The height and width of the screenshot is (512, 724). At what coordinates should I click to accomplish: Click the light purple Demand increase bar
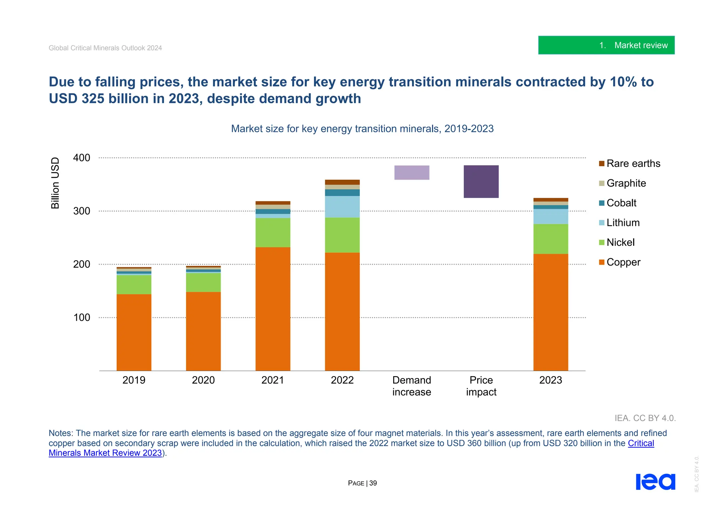point(411,173)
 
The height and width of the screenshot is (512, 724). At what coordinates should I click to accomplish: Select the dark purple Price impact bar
point(481,181)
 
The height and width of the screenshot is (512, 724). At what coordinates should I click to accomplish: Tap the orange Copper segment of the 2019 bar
point(134,332)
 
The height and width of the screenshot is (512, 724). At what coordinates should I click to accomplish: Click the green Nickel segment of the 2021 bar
point(273,232)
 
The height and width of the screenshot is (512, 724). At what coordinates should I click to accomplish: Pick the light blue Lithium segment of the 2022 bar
point(342,206)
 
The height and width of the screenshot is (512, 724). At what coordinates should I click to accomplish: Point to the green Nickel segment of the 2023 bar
point(550,239)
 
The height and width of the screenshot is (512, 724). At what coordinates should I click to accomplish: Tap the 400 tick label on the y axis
point(82,158)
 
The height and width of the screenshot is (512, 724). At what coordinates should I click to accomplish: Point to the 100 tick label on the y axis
point(82,318)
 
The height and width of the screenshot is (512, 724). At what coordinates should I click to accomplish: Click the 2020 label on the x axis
point(203,380)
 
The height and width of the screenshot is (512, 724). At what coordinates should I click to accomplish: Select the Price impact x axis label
point(481,386)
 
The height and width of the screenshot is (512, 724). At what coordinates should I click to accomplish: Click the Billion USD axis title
point(55,183)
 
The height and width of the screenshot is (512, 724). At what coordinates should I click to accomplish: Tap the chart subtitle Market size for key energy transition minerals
point(362,129)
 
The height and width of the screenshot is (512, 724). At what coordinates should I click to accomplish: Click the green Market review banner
point(606,45)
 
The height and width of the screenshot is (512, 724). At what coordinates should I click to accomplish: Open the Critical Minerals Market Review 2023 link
point(105,453)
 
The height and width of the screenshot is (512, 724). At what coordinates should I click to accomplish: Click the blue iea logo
point(655,482)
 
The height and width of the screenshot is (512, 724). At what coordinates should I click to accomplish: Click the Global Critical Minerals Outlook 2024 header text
point(105,48)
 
